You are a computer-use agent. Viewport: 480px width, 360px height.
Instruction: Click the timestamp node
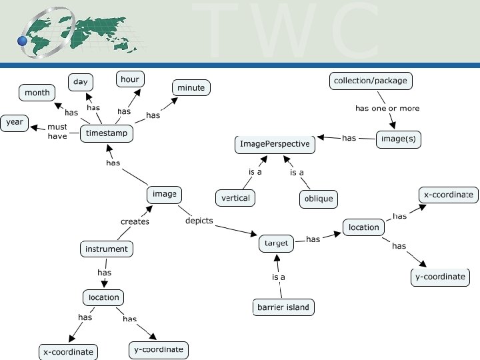pyautogui.click(x=107, y=133)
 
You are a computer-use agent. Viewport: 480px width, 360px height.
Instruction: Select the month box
pyautogui.click(x=37, y=93)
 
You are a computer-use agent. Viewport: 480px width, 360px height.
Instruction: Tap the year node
pyautogui.click(x=15, y=122)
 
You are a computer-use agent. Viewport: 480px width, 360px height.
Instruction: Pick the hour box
pyautogui.click(x=129, y=79)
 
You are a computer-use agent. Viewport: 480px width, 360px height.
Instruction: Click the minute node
pyautogui.click(x=191, y=87)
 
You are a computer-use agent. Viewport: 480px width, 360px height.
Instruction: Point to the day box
pyautogui.click(x=81, y=82)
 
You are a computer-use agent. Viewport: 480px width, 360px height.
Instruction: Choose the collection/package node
pyautogui.click(x=370, y=81)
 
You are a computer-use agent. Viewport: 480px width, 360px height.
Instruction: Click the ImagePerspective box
pyautogui.click(x=274, y=143)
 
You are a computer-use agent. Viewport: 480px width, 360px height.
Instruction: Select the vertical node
pyautogui.click(x=235, y=198)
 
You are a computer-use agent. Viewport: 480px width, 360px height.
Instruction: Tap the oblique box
pyautogui.click(x=318, y=199)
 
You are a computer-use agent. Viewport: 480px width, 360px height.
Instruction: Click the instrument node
pyautogui.click(x=106, y=249)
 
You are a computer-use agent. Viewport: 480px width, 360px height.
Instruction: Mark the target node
pyautogui.click(x=276, y=243)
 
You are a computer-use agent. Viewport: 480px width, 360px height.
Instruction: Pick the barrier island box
pyautogui.click(x=283, y=307)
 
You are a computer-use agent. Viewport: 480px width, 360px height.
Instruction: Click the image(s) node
pyautogui.click(x=399, y=139)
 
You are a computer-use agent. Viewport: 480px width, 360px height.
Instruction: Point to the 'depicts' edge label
pyautogui.click(x=199, y=221)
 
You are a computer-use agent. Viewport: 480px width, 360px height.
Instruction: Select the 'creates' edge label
pyautogui.click(x=135, y=221)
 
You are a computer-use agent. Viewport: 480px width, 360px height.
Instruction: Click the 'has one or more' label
pyautogui.click(x=387, y=108)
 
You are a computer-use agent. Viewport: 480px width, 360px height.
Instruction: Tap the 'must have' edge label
pyautogui.click(x=57, y=131)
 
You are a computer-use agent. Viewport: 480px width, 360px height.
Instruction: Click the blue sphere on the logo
pyautogui.click(x=23, y=41)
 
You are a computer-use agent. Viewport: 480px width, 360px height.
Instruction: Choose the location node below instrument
pyautogui.click(x=104, y=297)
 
